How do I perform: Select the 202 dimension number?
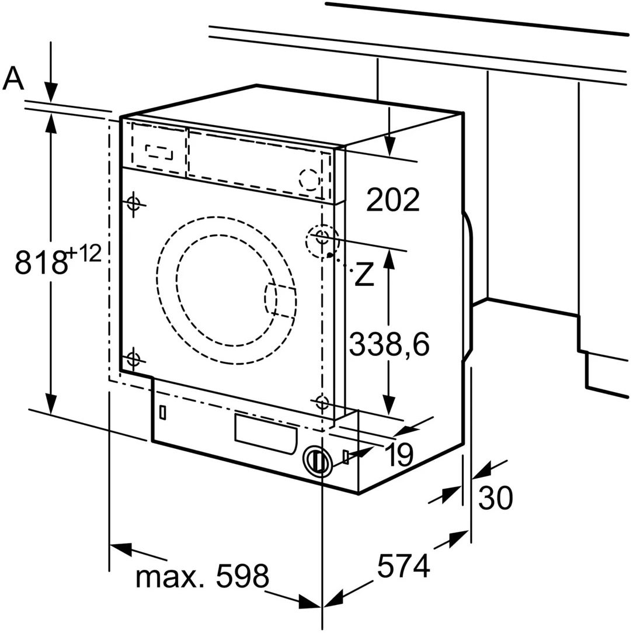[393, 200]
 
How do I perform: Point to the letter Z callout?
[364, 275]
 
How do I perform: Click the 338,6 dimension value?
[389, 345]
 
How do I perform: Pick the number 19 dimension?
[398, 454]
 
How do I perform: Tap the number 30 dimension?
[495, 498]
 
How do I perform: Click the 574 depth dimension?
[403, 565]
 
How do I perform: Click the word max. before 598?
[171, 576]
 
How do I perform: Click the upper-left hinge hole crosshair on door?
[134, 203]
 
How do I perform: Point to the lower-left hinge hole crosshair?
[134, 358]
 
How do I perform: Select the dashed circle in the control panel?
[309, 179]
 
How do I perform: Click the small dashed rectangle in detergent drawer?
[159, 151]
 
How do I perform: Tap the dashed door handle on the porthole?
[280, 300]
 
